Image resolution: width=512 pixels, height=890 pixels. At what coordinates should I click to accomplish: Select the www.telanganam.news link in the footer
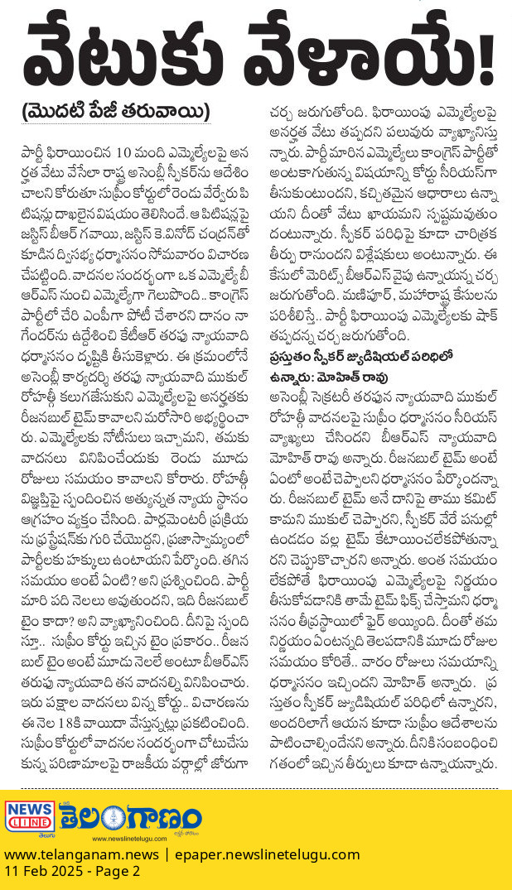79,854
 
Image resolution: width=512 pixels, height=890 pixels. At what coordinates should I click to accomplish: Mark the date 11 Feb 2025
42,872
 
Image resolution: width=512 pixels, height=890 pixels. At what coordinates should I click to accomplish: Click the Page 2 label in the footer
118,872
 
